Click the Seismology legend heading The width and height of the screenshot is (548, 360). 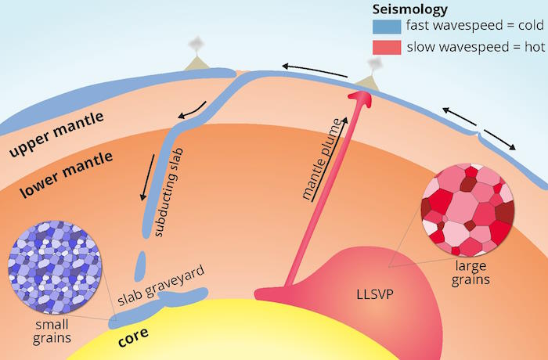[409, 9]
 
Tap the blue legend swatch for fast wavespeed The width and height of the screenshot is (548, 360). [387, 27]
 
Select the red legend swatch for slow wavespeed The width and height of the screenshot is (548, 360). [387, 48]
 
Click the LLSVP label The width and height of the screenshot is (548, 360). [375, 294]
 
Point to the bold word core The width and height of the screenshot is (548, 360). [133, 337]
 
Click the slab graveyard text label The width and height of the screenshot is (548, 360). [160, 286]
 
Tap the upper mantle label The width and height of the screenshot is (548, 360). [56, 134]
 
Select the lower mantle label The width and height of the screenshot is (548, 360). [66, 175]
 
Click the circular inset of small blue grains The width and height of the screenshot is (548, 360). [54, 267]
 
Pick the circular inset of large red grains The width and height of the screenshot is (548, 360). [468, 210]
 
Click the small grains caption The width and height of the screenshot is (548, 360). [52, 331]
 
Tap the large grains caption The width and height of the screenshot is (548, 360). [470, 273]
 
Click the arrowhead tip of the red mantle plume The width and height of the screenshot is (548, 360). [361, 92]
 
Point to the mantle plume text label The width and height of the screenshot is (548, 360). [321, 160]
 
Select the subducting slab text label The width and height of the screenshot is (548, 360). [169, 193]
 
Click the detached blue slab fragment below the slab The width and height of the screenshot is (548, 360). [140, 266]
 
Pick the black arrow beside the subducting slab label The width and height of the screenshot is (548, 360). [147, 178]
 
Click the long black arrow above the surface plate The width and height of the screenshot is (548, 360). [315, 70]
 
